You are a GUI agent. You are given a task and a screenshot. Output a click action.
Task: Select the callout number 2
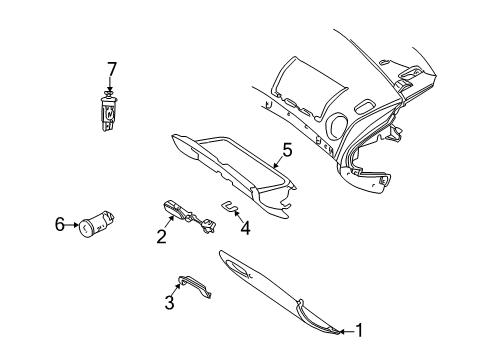(x=161, y=238)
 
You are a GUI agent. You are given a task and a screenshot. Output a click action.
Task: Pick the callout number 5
(x=286, y=150)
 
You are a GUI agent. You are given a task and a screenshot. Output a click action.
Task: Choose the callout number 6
(x=60, y=225)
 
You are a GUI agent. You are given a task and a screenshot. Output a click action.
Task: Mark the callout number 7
(x=112, y=69)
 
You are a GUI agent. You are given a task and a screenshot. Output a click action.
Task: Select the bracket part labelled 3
(x=195, y=286)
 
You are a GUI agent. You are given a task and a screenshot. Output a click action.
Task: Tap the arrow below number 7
(x=111, y=85)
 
